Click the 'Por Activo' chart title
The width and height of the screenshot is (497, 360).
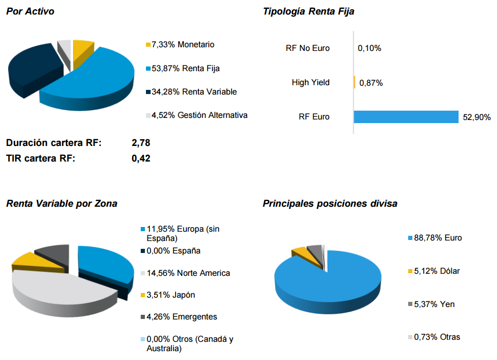[x=30, y=11]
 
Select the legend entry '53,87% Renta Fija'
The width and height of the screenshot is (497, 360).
[x=186, y=68]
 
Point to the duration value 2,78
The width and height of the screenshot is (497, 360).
[x=141, y=142]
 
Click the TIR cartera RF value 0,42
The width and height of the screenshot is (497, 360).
[x=141, y=158]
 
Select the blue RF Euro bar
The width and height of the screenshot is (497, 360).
[x=406, y=117]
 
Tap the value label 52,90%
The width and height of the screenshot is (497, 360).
[x=476, y=117]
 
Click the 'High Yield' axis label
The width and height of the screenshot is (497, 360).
[x=311, y=83]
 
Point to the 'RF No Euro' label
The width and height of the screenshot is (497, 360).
[x=307, y=48]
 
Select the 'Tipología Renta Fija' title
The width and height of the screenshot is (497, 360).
[x=308, y=11]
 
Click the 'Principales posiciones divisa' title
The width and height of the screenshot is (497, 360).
[x=330, y=204]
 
